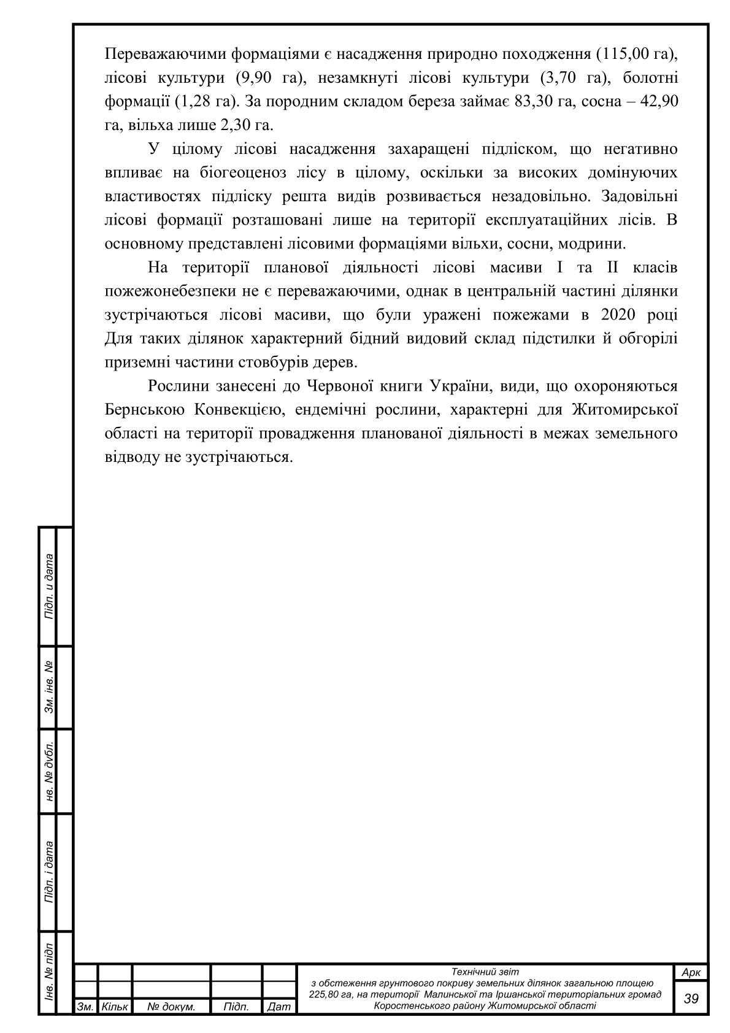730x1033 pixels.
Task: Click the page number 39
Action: [x=691, y=999]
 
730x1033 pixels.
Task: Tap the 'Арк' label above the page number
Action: [x=691, y=973]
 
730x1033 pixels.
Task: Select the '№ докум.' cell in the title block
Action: [x=171, y=1007]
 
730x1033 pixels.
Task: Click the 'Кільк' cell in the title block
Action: [x=115, y=1007]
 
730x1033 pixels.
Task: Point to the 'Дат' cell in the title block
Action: [x=279, y=1007]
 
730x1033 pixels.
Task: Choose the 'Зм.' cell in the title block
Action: [x=85, y=1007]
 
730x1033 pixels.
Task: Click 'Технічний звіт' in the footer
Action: [x=485, y=972]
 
